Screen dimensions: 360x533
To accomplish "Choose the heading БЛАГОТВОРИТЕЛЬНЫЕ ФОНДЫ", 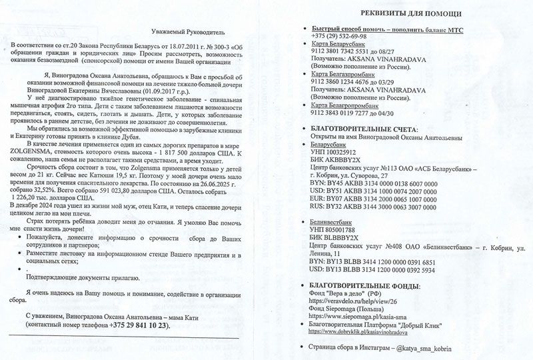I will coord(365,286).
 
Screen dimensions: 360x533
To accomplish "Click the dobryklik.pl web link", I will coord(365,331).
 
